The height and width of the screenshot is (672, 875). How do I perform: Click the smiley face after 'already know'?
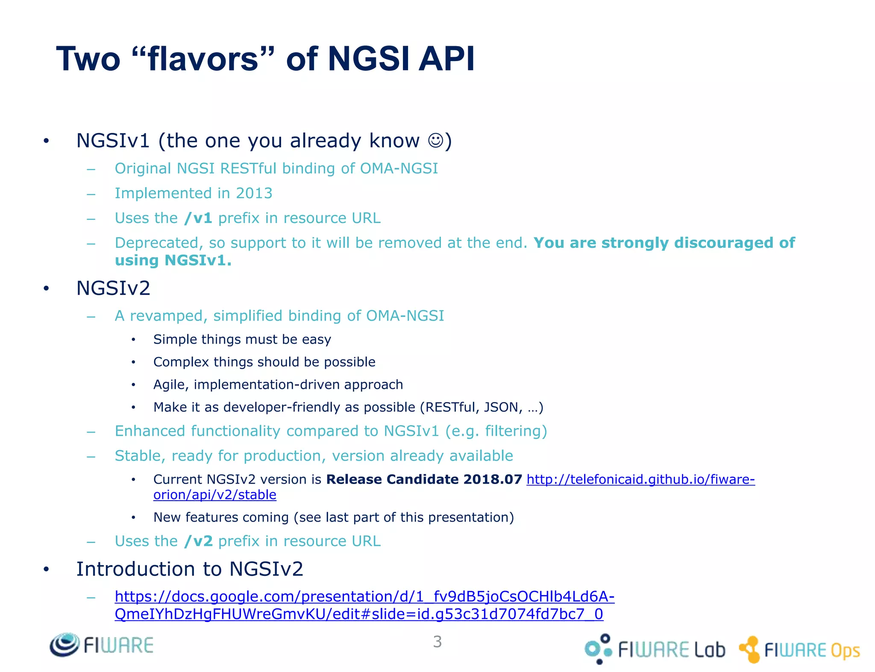coord(435,141)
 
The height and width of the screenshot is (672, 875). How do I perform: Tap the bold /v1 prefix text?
coord(198,218)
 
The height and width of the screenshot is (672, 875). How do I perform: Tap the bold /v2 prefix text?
coord(198,541)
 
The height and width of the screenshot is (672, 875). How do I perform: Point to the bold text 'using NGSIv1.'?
coord(173,260)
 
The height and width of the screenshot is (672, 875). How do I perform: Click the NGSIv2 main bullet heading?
coord(113,288)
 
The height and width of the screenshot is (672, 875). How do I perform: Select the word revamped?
coord(169,316)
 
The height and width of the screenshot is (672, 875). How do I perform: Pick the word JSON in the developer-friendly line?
coord(501,407)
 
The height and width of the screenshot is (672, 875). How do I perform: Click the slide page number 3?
coord(437,642)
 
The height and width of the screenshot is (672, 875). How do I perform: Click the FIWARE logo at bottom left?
coord(101,645)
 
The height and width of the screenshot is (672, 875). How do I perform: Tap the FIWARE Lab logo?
coord(655,649)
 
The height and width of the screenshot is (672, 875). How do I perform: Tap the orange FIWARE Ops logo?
coord(799,650)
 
